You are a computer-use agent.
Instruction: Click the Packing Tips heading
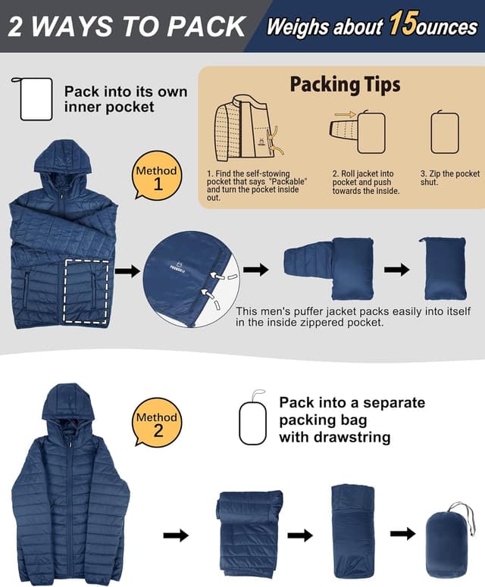345,84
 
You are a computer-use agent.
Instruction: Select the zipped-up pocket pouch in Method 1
443,268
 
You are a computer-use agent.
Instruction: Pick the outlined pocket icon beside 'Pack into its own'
36,99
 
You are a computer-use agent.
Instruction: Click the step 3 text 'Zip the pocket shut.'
449,178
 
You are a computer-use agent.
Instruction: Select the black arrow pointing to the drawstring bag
403,533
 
